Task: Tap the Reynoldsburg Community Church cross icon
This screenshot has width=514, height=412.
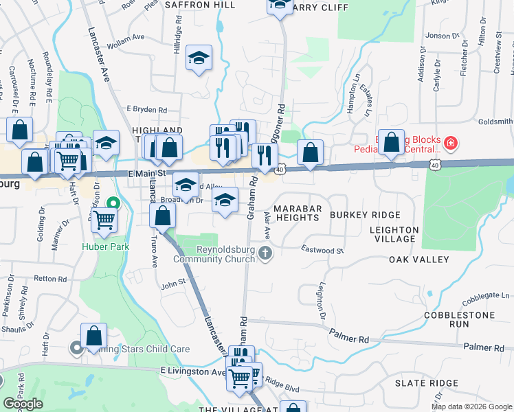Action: pos(266,255)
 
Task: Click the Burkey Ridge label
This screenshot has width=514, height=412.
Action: pos(364,215)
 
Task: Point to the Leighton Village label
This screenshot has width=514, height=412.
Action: pos(394,234)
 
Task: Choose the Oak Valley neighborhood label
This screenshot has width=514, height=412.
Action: pos(418,260)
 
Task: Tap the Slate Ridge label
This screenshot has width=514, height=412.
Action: pos(426,382)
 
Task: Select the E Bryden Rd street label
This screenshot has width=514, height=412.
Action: pos(147,109)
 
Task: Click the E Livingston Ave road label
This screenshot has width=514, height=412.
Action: pos(193,371)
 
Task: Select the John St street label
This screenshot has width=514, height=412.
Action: pos(173,282)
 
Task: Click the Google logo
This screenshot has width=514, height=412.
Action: pos(23,404)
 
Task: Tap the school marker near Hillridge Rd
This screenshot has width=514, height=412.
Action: pos(199,58)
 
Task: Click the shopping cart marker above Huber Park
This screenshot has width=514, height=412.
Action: pos(104,220)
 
